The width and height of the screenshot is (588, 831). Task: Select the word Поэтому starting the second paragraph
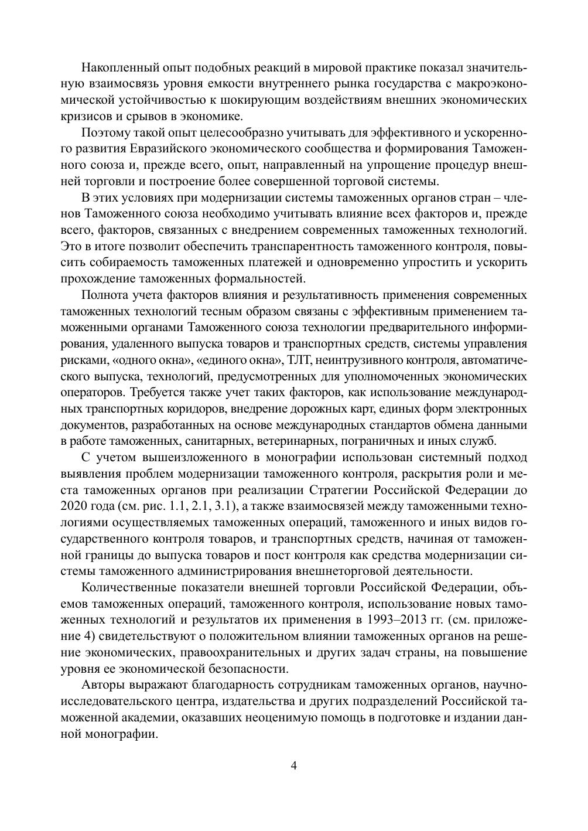104,132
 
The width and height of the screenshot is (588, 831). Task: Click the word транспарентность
302,245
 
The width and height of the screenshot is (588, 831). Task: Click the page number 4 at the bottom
293,766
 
